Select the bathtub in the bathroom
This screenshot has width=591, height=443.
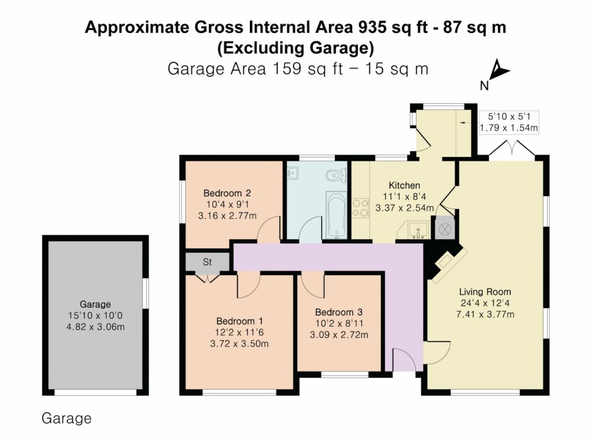coord(336,215)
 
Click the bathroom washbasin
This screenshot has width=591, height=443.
coord(293,172)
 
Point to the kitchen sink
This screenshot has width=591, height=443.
coord(417,230)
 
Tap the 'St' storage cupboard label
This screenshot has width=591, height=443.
coord(207,262)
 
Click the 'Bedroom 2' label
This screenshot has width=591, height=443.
coord(227,193)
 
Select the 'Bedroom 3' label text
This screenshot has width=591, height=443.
coord(339,312)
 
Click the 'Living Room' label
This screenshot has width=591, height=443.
coord(485,291)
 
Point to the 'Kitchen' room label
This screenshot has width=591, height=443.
coord(404,185)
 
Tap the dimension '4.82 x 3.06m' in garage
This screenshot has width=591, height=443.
coord(95,327)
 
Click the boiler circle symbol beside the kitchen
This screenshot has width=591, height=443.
coord(445,228)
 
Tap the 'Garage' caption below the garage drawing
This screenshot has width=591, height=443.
coord(66,418)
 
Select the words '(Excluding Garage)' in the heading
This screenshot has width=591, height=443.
coord(295,47)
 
